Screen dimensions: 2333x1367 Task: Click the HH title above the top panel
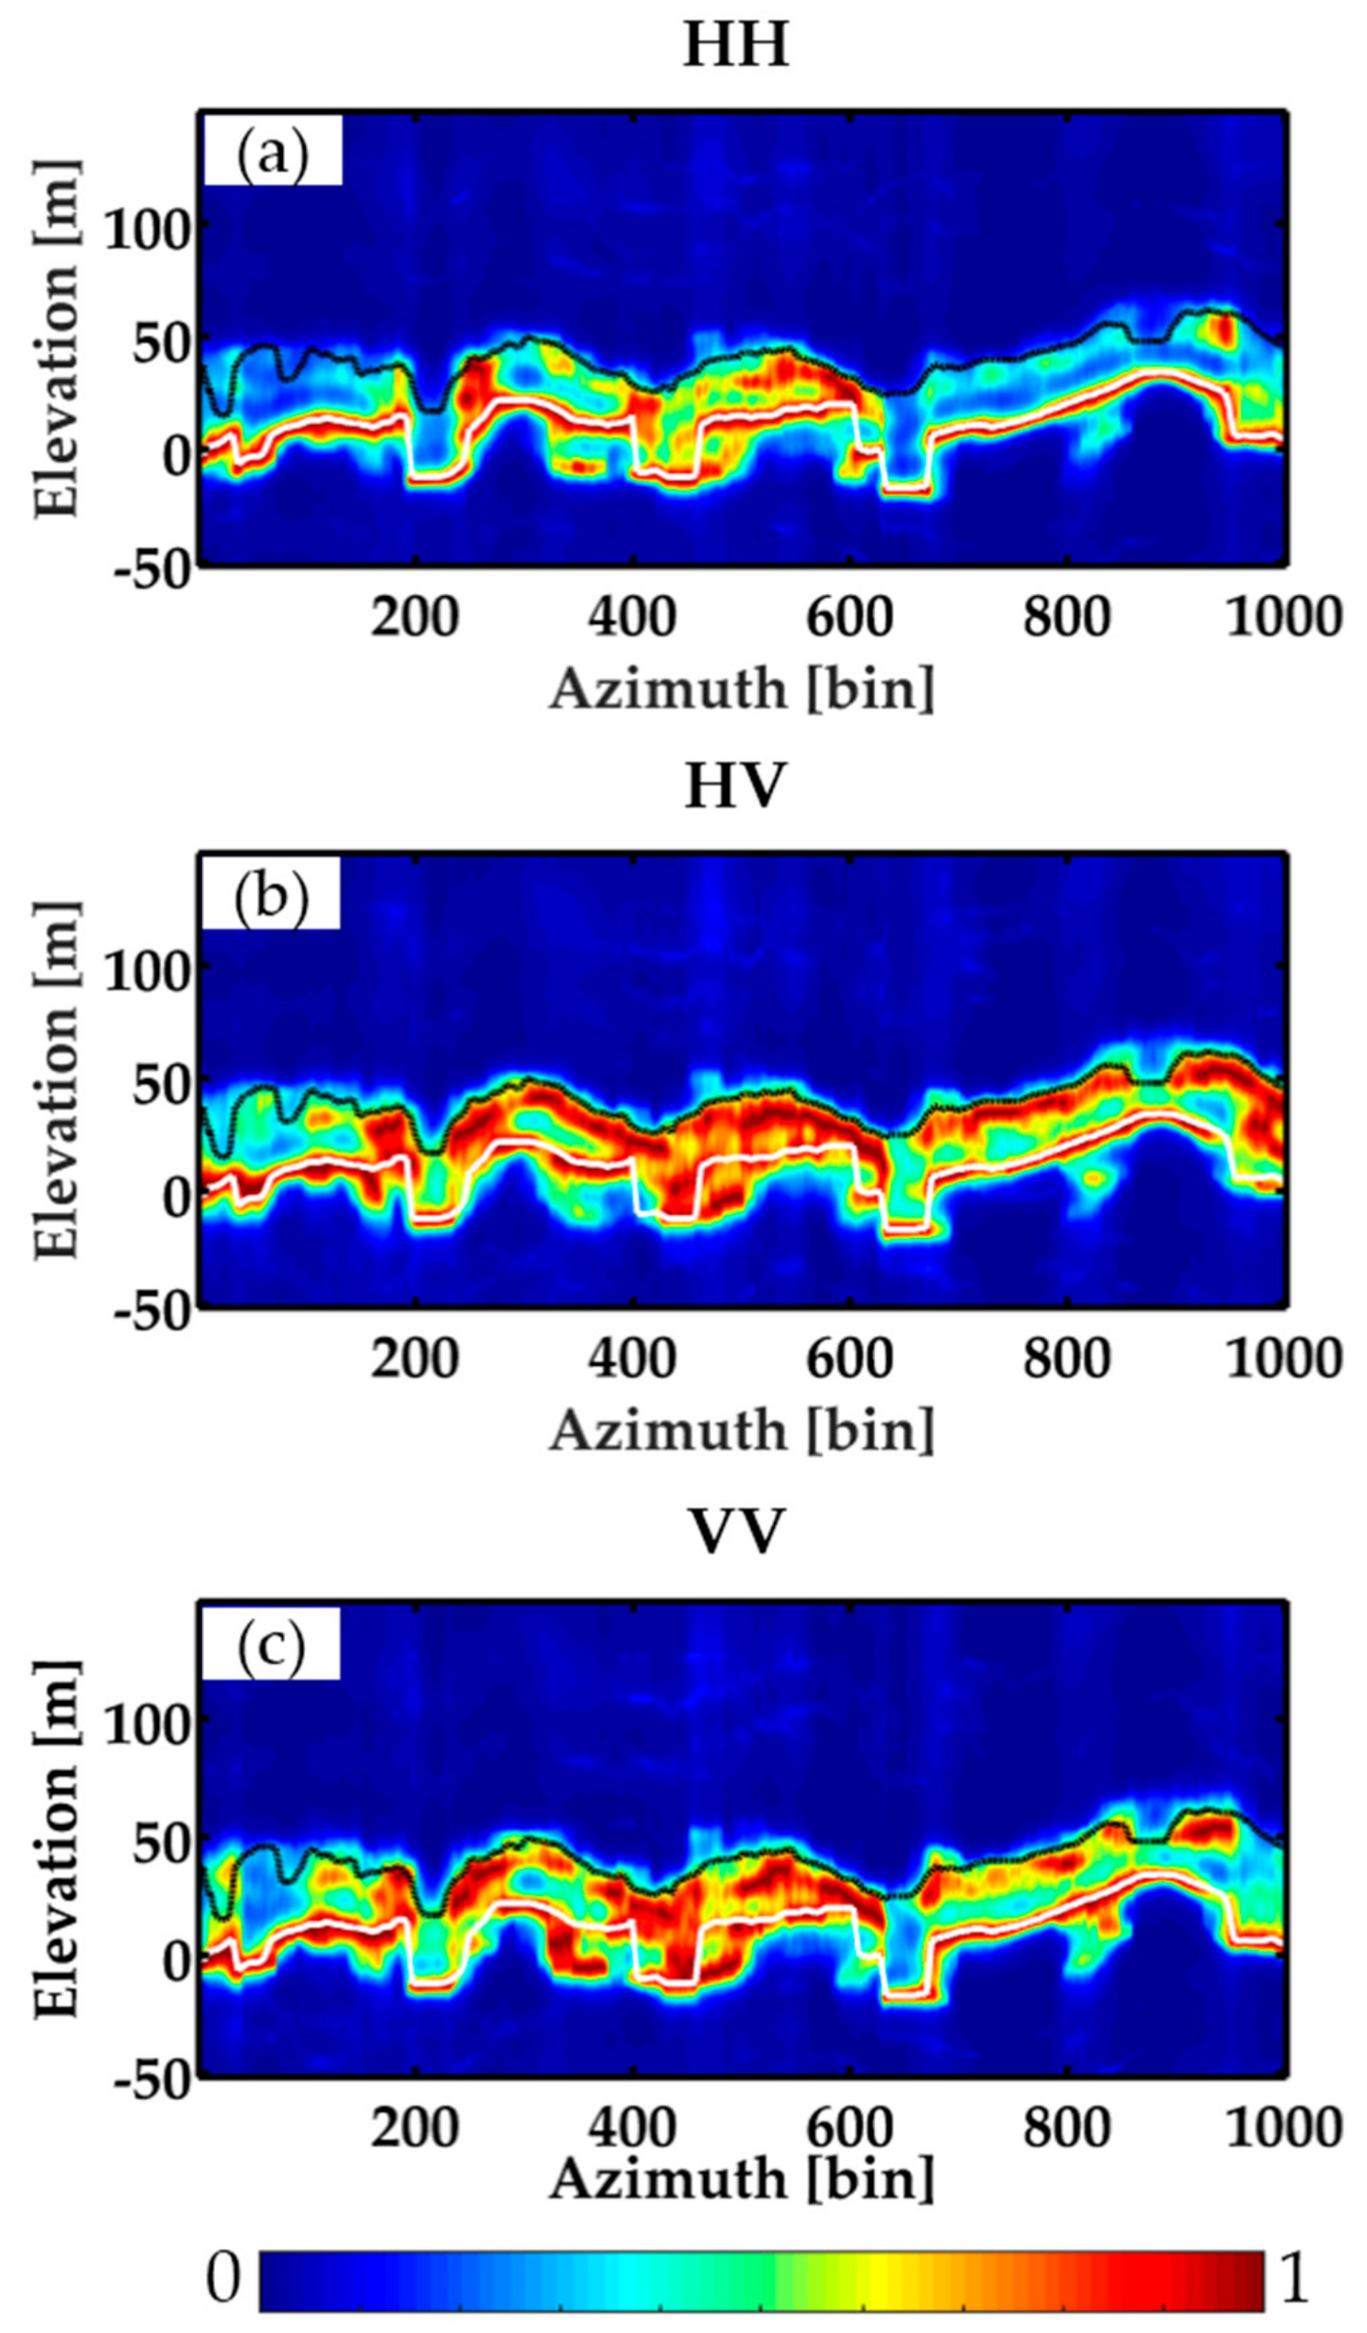(736, 47)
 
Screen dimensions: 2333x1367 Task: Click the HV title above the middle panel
(736, 788)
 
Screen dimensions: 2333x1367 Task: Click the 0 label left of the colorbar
(222, 2273)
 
